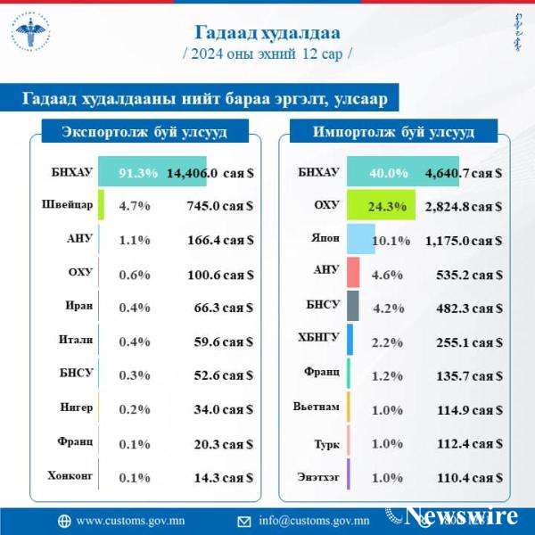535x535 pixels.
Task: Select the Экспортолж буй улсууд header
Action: (x=144, y=133)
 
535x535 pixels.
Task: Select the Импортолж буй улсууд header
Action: (x=392, y=133)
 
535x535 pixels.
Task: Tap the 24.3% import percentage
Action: (x=387, y=207)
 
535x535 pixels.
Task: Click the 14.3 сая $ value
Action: (x=225, y=475)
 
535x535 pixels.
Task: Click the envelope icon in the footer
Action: (x=243, y=521)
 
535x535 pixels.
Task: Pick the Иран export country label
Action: (x=75, y=306)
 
